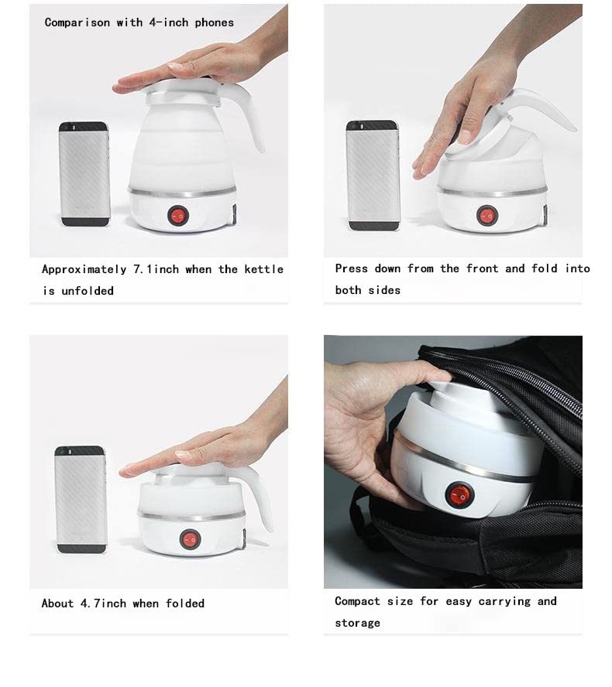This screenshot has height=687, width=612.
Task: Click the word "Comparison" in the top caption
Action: [77, 22]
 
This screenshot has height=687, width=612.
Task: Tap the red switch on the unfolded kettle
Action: [178, 216]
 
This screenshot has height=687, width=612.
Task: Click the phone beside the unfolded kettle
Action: [84, 174]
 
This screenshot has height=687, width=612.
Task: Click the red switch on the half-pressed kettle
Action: [487, 216]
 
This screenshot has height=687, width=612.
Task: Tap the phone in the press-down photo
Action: [373, 176]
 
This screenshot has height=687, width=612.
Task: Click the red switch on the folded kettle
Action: [190, 539]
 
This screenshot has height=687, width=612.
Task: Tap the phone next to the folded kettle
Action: [81, 500]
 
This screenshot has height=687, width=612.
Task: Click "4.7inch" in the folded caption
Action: [103, 603]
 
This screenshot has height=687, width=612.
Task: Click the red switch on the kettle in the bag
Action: [459, 495]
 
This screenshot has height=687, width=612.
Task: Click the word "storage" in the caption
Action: [358, 623]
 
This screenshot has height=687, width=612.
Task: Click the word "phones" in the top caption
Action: [214, 22]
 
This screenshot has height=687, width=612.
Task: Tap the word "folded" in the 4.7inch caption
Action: [184, 603]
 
